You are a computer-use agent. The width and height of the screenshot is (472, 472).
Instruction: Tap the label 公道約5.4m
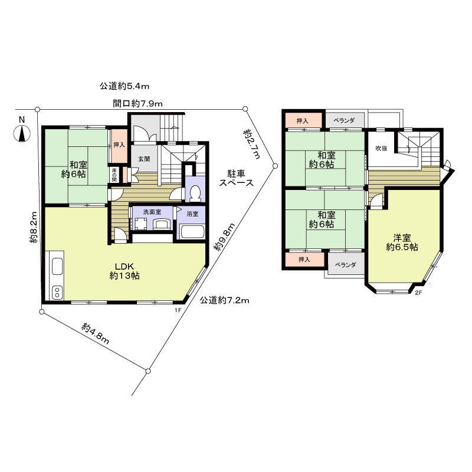coord(124,87)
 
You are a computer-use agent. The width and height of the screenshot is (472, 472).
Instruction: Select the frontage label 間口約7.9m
coord(137,103)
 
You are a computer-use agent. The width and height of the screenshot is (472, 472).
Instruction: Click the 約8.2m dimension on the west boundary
coord(34,227)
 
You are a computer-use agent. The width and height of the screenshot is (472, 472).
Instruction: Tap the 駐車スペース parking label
coord(237,178)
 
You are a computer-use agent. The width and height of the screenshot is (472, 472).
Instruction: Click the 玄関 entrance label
coord(144,159)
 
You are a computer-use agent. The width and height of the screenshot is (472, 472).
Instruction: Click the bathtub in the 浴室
coord(191,231)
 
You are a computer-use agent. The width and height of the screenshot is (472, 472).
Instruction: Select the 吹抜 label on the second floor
coord(381,148)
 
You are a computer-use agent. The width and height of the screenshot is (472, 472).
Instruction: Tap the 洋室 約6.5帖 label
coord(402,242)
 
